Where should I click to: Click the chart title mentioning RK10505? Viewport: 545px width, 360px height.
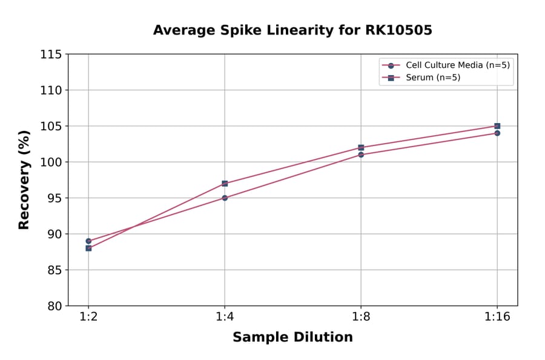click(x=292, y=30)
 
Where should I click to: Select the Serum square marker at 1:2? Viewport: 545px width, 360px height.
click(x=88, y=248)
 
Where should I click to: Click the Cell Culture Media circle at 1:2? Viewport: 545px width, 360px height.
click(x=88, y=241)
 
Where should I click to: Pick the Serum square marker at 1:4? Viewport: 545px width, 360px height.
click(x=225, y=183)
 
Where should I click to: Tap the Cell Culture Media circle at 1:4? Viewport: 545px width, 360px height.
click(x=225, y=198)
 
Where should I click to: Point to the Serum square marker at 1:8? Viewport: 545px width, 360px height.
click(x=361, y=147)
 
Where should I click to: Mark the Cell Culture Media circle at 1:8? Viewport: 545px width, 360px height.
click(x=361, y=155)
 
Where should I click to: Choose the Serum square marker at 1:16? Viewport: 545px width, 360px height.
click(x=497, y=126)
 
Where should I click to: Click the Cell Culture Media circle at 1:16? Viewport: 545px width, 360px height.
click(x=497, y=133)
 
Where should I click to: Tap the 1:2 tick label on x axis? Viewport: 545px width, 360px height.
click(x=88, y=318)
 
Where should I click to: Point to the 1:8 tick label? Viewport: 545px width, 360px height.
click(x=361, y=318)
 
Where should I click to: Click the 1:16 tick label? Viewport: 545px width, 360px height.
click(x=497, y=318)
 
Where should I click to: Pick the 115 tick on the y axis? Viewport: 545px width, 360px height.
click(x=51, y=55)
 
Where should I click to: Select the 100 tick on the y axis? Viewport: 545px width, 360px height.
click(x=51, y=162)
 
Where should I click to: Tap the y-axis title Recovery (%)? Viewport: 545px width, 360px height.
click(x=24, y=179)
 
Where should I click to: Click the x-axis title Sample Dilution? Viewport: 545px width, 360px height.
click(x=292, y=338)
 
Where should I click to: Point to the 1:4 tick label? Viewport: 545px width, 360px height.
click(x=225, y=318)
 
